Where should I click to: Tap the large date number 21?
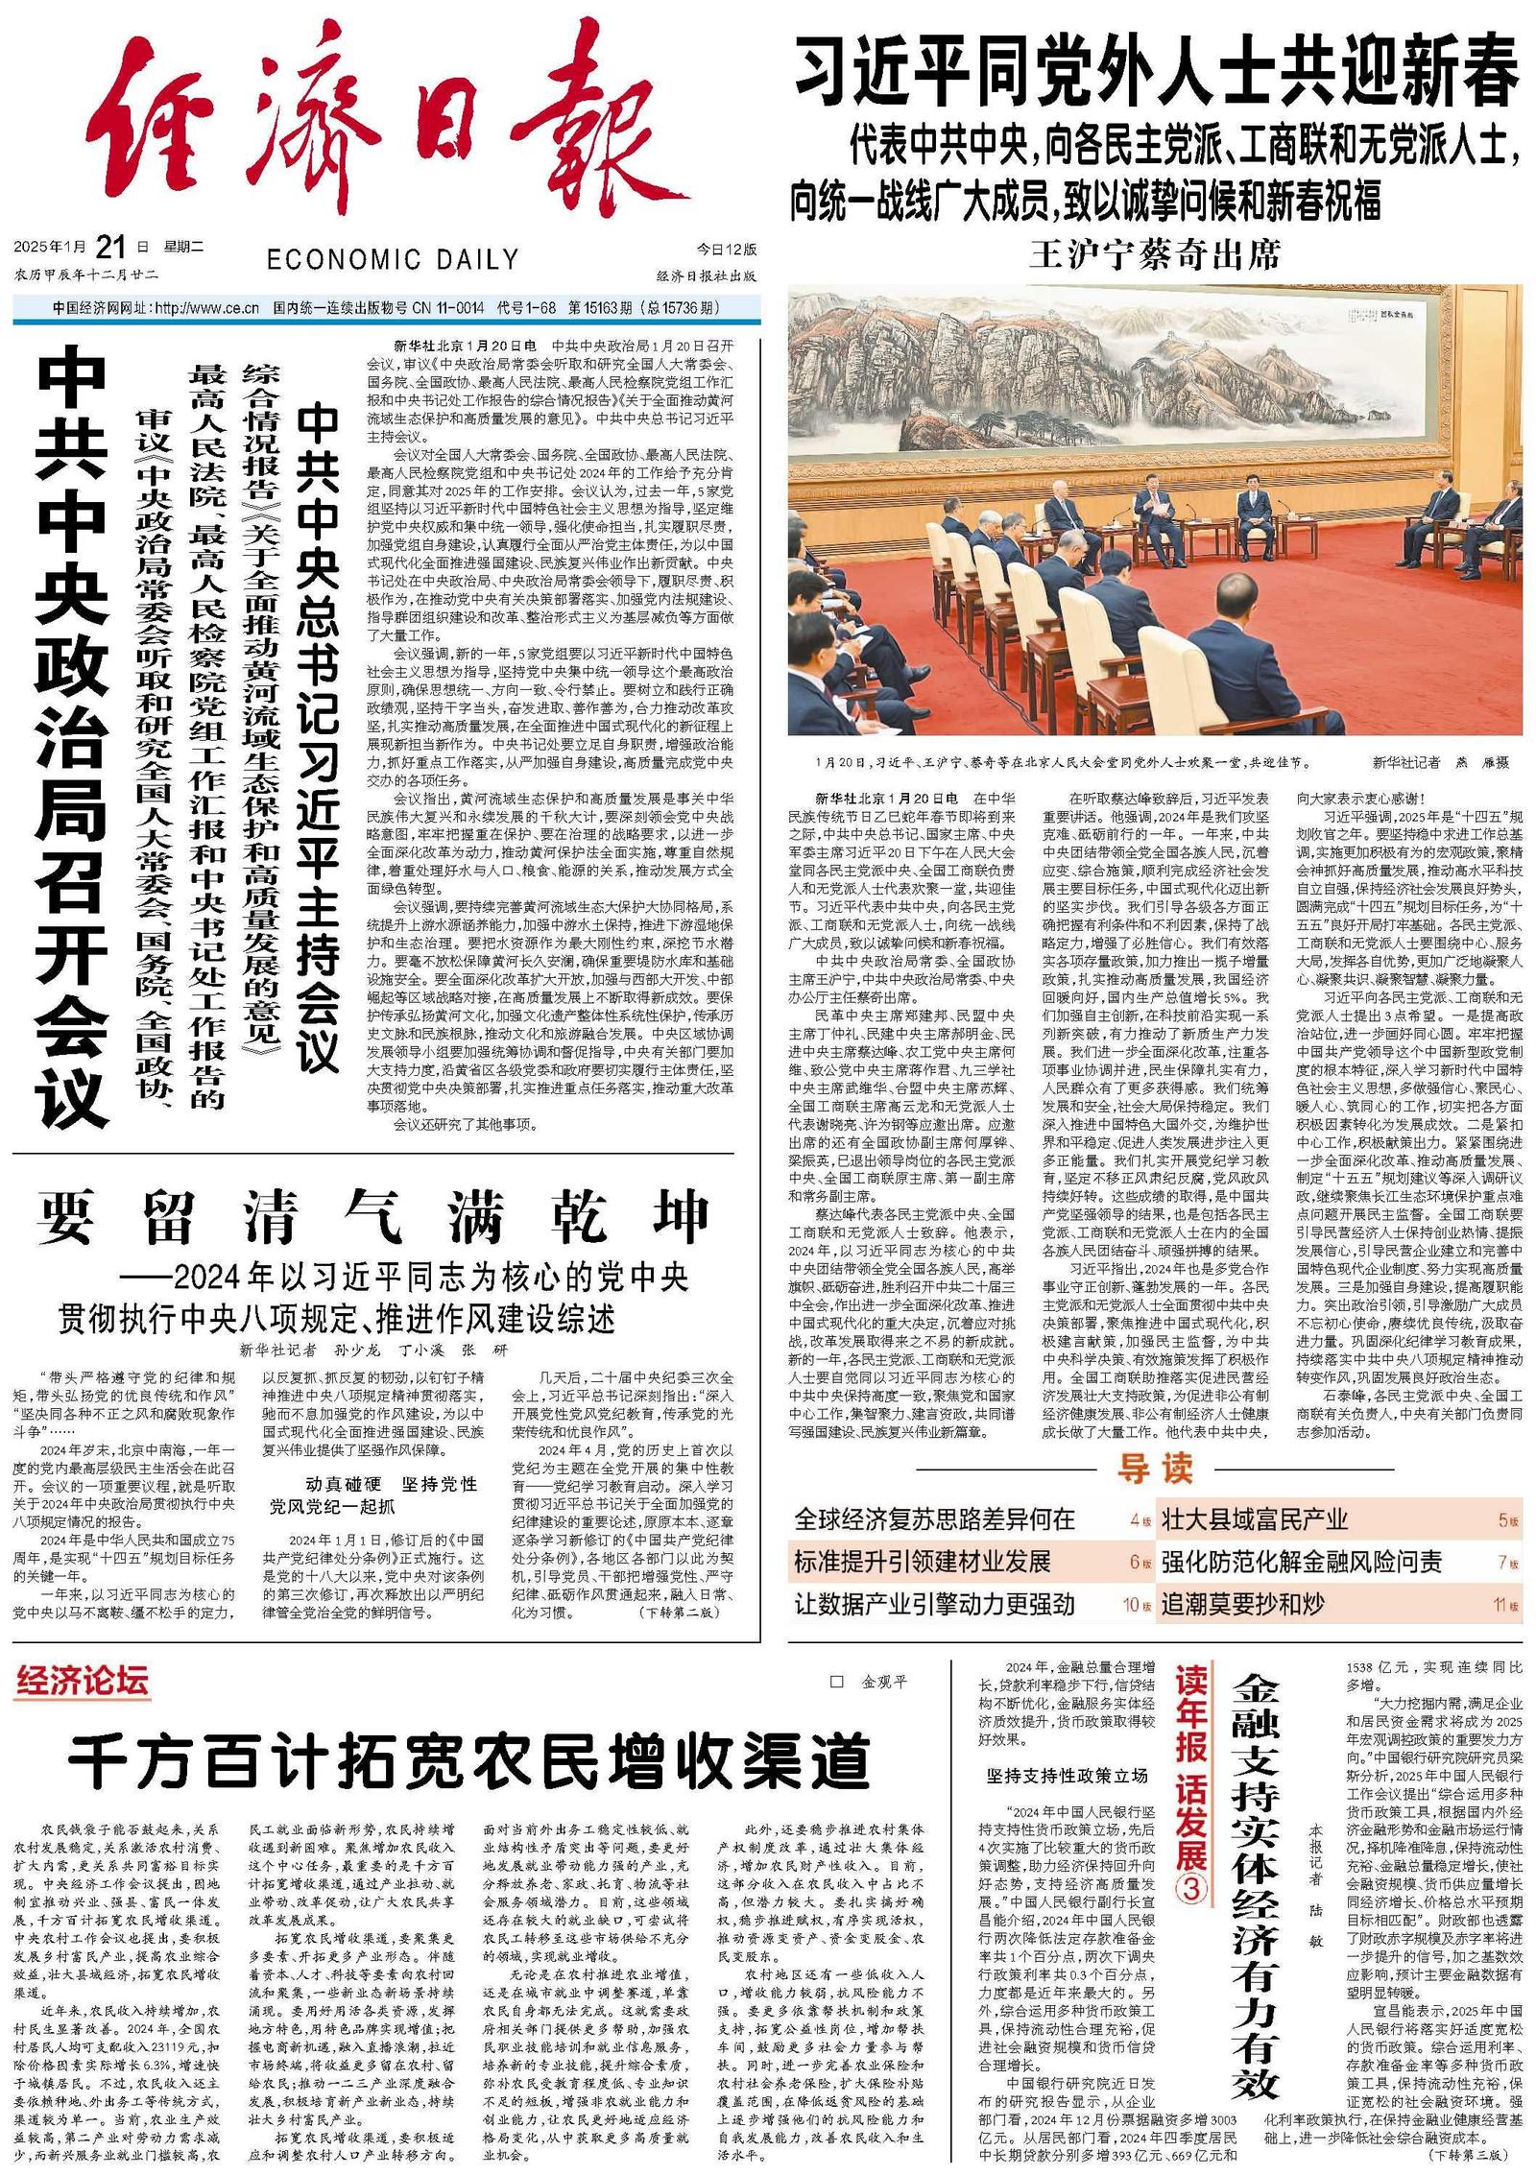110,248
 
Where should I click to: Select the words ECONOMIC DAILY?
393,259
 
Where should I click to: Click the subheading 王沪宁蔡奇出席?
1155,255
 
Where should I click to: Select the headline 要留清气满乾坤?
374,1216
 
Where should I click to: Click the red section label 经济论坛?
82,1681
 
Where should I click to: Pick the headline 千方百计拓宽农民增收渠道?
468,1759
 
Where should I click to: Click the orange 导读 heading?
1155,1469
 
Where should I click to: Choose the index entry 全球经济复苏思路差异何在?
934,1519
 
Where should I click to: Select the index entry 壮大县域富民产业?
1255,1519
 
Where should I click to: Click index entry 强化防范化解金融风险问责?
1301,1562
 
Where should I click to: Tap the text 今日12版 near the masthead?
727,250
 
